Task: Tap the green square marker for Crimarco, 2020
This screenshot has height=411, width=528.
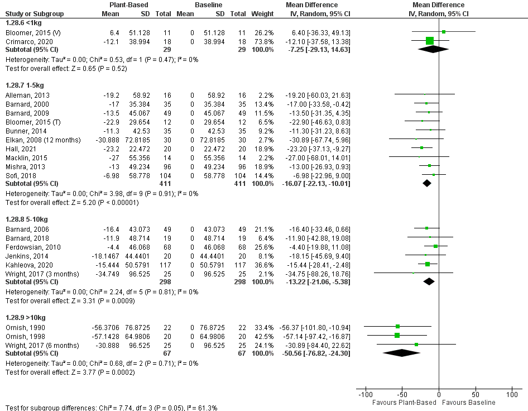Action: coord(430,41)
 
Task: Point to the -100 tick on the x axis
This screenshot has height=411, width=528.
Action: coord(365,394)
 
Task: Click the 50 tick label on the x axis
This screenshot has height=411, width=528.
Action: coord(476,394)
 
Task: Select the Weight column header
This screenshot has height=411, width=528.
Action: coord(262,13)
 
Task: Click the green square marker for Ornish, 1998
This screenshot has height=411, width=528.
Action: coord(397,335)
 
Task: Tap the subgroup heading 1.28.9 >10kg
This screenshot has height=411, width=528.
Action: coord(25,317)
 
